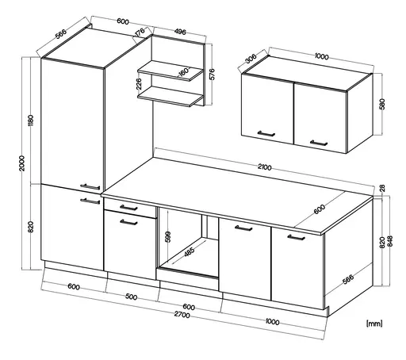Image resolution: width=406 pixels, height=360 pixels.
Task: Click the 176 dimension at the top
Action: [x=140, y=33]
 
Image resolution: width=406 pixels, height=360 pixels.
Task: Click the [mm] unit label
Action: [x=376, y=323]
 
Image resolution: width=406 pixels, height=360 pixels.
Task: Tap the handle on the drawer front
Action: [x=122, y=207]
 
